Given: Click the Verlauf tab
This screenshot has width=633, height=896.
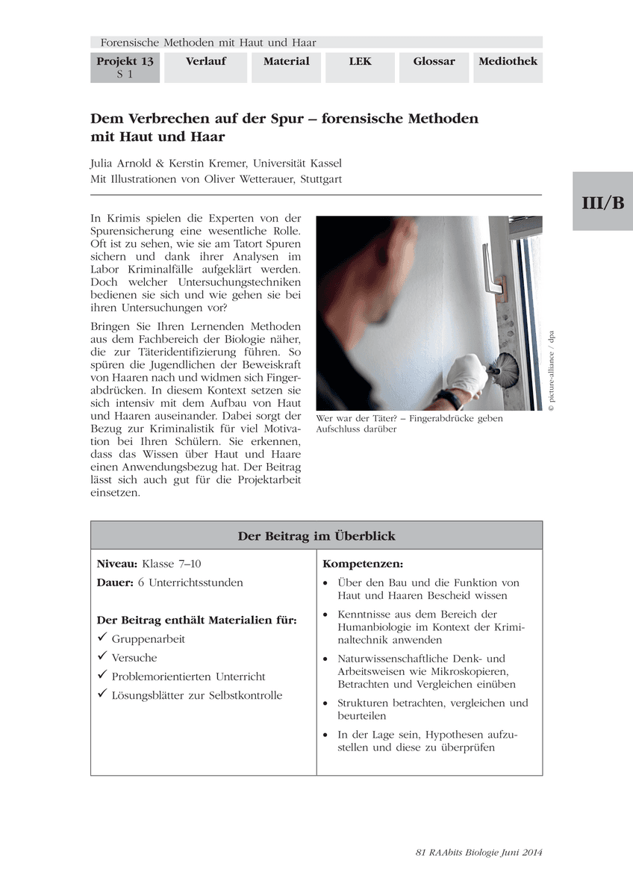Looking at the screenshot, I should click(x=205, y=61).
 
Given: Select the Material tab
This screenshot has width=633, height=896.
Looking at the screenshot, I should click(x=286, y=61).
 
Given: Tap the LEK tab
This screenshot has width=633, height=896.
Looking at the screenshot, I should click(x=360, y=61).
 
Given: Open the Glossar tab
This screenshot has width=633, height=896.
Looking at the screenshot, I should click(x=434, y=61).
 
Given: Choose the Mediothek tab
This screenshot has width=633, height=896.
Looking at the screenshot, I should click(x=508, y=61).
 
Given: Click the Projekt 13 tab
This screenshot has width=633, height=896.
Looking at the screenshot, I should click(x=125, y=67).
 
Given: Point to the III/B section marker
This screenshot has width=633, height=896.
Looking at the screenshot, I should click(x=602, y=202).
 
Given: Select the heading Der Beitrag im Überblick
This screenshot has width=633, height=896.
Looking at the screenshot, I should click(x=316, y=536).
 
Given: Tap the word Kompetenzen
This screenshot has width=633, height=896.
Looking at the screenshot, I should click(x=363, y=564).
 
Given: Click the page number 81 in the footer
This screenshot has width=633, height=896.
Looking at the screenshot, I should click(x=420, y=853).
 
